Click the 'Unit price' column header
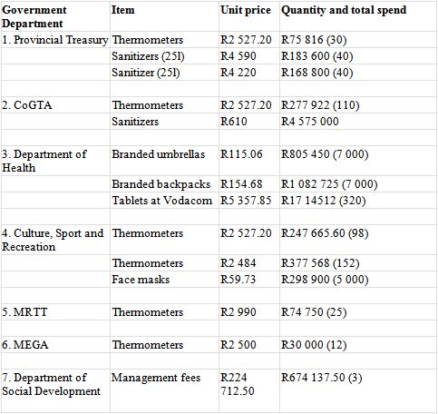pyautogui.click(x=246, y=10)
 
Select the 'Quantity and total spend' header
pyautogui.click(x=344, y=10)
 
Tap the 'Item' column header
pyautogui.click(x=123, y=10)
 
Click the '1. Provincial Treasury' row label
pyautogui.click(x=55, y=40)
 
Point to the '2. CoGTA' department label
pyautogui.click(x=27, y=105)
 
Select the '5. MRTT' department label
pyautogui.click(x=24, y=312)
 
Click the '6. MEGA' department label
pyautogui.click(x=25, y=345)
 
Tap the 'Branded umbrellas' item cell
pyautogui.click(x=159, y=154)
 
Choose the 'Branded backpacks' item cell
pyautogui.click(x=161, y=184)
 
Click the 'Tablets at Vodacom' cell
pyautogui.click(x=162, y=201)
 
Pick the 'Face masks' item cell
pyautogui.click(x=141, y=280)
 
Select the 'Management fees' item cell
pyautogui.click(x=156, y=378)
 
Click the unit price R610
pyautogui.click(x=234, y=122)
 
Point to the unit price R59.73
pyautogui.click(x=238, y=280)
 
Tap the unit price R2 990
pyautogui.click(x=238, y=312)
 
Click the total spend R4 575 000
pyautogui.click(x=310, y=122)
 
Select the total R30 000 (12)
pyautogui.click(x=314, y=345)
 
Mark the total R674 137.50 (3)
pyautogui.click(x=322, y=378)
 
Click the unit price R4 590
pyautogui.click(x=238, y=56)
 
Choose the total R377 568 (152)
pyautogui.click(x=320, y=263)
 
